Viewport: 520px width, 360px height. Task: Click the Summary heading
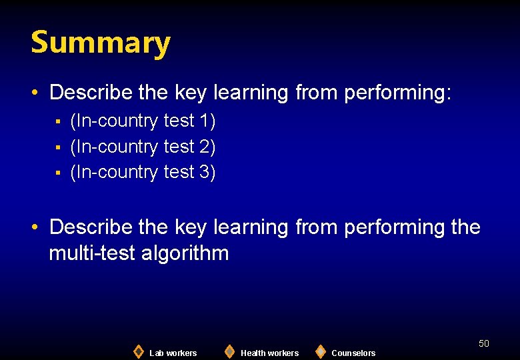pos(101,43)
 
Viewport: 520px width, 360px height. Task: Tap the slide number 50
pos(484,343)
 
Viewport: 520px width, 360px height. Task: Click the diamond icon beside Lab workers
pos(138,351)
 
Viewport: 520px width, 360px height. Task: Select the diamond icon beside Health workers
pos(229,351)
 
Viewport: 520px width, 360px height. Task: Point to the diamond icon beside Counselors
pos(321,351)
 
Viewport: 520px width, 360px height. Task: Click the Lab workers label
pos(173,353)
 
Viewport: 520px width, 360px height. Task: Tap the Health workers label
pos(269,353)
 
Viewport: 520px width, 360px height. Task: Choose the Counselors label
pos(353,353)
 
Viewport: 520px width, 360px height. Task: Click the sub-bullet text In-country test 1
pos(143,121)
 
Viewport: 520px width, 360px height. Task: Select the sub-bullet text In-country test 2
pos(143,147)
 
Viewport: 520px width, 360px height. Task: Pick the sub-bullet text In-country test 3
pos(143,172)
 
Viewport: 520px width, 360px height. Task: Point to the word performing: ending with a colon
pos(398,93)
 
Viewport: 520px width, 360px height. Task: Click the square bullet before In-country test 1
pos(58,122)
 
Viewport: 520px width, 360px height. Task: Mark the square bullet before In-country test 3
pos(58,173)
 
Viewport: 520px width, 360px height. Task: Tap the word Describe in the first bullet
pos(91,92)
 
